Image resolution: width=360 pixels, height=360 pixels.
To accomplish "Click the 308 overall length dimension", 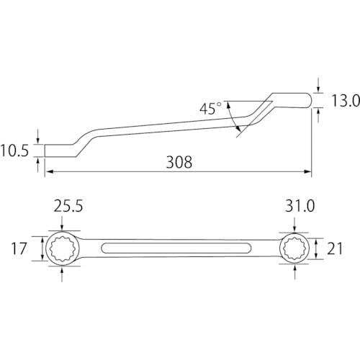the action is click(179, 162).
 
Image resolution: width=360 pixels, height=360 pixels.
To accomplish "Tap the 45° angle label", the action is click(210, 109).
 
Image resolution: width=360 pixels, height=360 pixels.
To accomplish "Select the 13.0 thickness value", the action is click(346, 100).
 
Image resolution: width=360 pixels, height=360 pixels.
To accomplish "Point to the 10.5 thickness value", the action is click(14, 150).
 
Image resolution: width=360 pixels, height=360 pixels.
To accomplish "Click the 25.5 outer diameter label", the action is click(68, 206).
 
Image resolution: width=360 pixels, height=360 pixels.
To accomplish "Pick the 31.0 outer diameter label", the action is click(300, 206).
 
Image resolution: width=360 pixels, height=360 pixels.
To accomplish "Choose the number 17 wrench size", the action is click(19, 248).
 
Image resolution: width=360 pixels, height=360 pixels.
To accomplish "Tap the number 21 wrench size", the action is click(335, 248).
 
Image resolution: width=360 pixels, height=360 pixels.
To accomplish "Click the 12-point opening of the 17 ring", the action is click(62, 248).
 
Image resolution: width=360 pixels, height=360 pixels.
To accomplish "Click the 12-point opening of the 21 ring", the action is click(294, 248).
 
